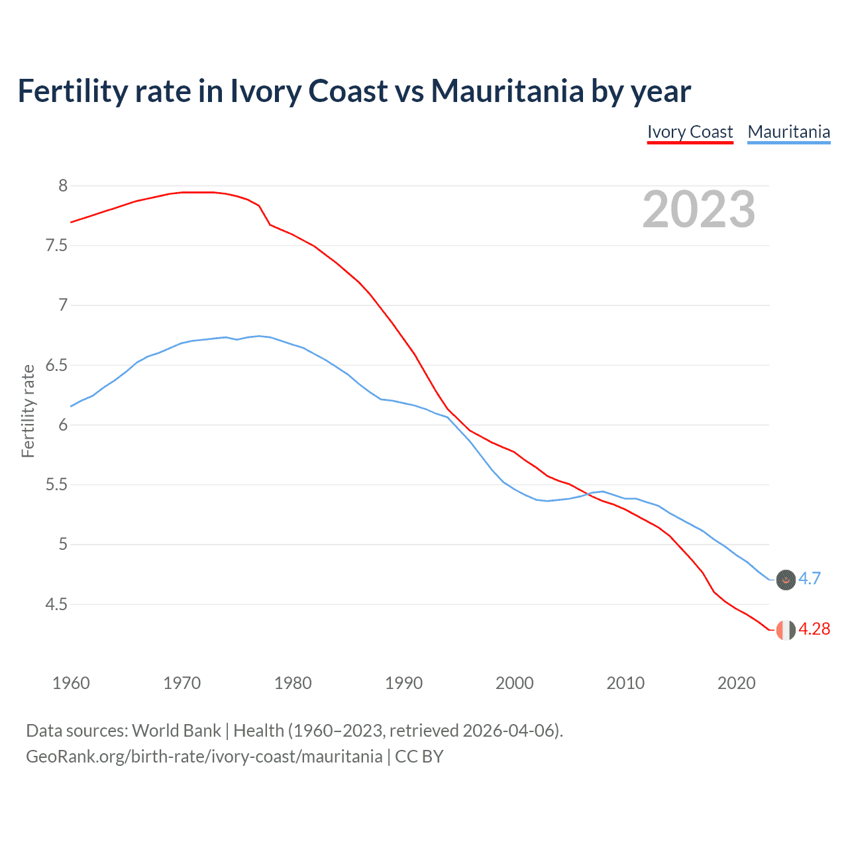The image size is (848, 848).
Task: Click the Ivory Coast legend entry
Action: click(690, 132)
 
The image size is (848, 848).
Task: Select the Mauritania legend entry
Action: click(788, 132)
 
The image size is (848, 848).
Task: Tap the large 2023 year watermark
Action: click(699, 209)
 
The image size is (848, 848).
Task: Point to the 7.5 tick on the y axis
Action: click(56, 246)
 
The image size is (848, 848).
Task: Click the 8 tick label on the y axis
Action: click(63, 186)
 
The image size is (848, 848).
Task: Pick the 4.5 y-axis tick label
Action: click(56, 604)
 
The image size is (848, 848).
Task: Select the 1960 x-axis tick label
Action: click(71, 683)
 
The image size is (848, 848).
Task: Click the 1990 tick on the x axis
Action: click(403, 683)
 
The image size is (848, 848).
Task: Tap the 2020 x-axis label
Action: click(736, 683)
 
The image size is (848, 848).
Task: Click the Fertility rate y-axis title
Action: click(28, 411)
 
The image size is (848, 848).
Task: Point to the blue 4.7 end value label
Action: click(810, 578)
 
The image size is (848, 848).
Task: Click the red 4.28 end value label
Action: click(814, 629)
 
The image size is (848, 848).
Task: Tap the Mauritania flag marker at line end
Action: click(786, 580)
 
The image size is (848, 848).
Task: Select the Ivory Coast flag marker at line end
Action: click(786, 630)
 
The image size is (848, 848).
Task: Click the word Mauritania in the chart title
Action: click(507, 91)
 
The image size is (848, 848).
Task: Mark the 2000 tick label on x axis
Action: click(514, 683)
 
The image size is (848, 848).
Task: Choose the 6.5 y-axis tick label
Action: click(56, 365)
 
